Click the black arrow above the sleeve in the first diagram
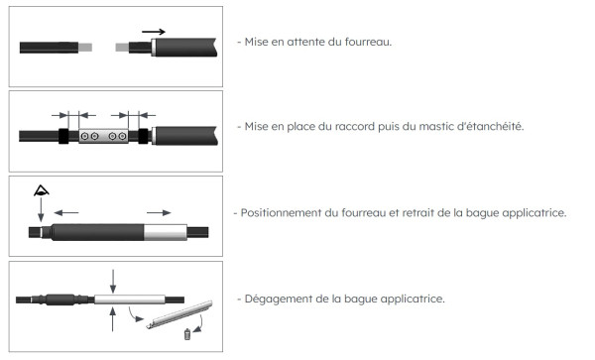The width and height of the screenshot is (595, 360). click(x=153, y=32)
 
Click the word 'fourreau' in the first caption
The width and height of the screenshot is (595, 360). click(x=365, y=42)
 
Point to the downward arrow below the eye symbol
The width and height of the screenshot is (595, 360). click(x=41, y=210)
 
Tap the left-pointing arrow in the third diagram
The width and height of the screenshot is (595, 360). click(x=67, y=211)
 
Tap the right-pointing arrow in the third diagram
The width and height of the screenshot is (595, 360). click(x=159, y=211)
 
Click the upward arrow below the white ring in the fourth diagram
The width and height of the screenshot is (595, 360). click(x=114, y=319)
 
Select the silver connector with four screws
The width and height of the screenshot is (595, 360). click(x=104, y=135)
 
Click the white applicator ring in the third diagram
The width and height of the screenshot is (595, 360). click(x=166, y=233)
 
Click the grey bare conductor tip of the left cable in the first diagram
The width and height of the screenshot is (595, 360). click(x=85, y=47)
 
